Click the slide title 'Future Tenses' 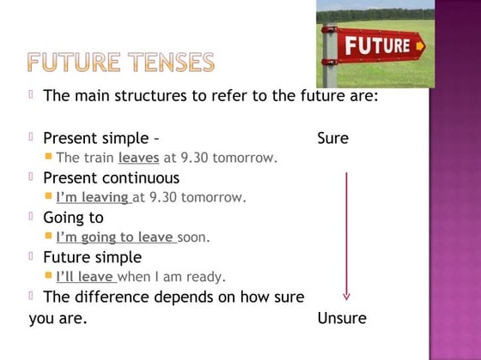119,62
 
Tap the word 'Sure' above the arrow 332,138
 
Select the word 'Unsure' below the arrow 342,318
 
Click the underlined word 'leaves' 138,158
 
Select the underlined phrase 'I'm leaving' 93,197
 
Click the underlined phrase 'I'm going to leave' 115,237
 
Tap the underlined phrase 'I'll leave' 85,276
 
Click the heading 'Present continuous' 111,178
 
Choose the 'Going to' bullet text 73,218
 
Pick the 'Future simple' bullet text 92,257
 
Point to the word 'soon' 193,237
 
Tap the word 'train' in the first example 97,158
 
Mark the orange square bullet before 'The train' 48,157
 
